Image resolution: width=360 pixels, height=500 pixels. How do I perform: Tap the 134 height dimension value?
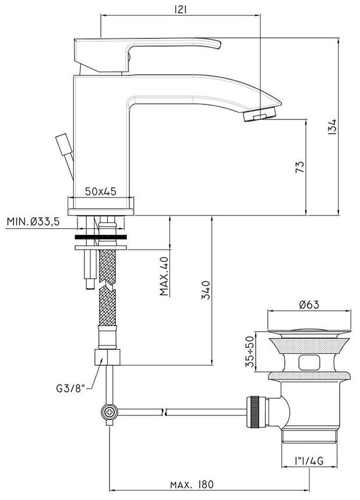pos(332,126)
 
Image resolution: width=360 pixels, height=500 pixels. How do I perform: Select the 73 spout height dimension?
pos(300,167)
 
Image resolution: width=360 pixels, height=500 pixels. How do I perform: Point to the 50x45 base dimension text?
pos(101,191)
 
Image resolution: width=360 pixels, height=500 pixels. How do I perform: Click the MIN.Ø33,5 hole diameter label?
pos(33,221)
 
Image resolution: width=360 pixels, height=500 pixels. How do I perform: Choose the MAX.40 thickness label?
pos(164,276)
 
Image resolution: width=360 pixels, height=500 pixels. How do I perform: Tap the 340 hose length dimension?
pos(206,290)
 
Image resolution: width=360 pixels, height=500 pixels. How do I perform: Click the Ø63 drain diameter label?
pos(309,305)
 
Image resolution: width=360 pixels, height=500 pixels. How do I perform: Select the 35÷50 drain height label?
pos(250,351)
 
